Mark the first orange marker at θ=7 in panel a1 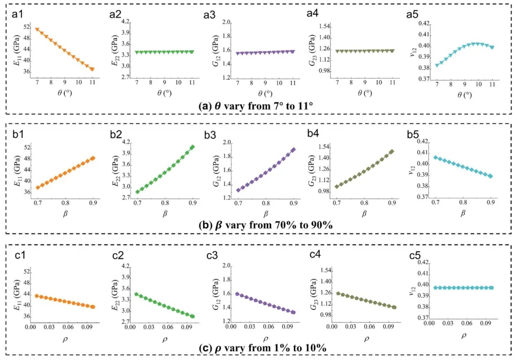[x=37, y=30]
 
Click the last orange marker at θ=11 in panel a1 [x=92, y=69]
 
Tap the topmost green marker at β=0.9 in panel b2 [x=192, y=147]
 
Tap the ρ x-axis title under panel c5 [x=463, y=336]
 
